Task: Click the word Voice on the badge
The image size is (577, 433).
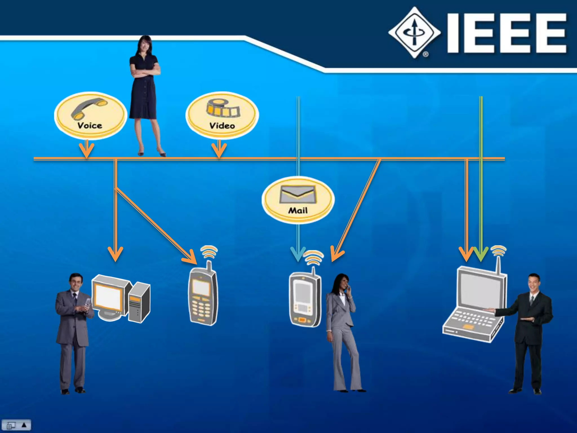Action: coord(90,125)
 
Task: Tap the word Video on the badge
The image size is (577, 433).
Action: coord(222,126)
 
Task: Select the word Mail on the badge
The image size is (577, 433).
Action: coord(298,210)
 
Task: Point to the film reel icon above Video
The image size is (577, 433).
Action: coord(223,109)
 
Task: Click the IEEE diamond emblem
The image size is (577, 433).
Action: coord(414,32)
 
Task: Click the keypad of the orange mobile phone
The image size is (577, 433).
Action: coord(201,309)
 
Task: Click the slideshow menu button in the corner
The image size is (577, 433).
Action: coord(16,425)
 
